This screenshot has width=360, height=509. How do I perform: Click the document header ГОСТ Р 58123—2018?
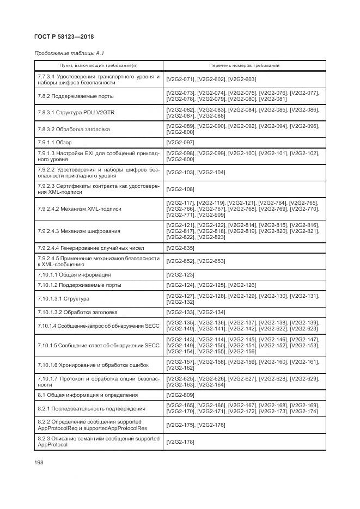(65, 37)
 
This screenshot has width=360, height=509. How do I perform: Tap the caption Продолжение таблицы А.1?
(69, 53)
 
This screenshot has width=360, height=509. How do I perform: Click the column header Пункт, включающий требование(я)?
(99, 65)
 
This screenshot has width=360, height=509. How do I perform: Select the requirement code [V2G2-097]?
(180, 142)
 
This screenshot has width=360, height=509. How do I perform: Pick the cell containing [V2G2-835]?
(180, 248)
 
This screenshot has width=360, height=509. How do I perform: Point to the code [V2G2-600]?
(180, 159)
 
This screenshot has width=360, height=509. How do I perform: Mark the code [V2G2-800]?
(180, 132)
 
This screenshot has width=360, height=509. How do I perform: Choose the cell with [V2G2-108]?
(180, 189)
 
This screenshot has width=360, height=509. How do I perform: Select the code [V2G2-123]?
(180, 275)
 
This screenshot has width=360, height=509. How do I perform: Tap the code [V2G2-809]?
(180, 395)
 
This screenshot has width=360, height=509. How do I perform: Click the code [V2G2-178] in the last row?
(180, 441)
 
